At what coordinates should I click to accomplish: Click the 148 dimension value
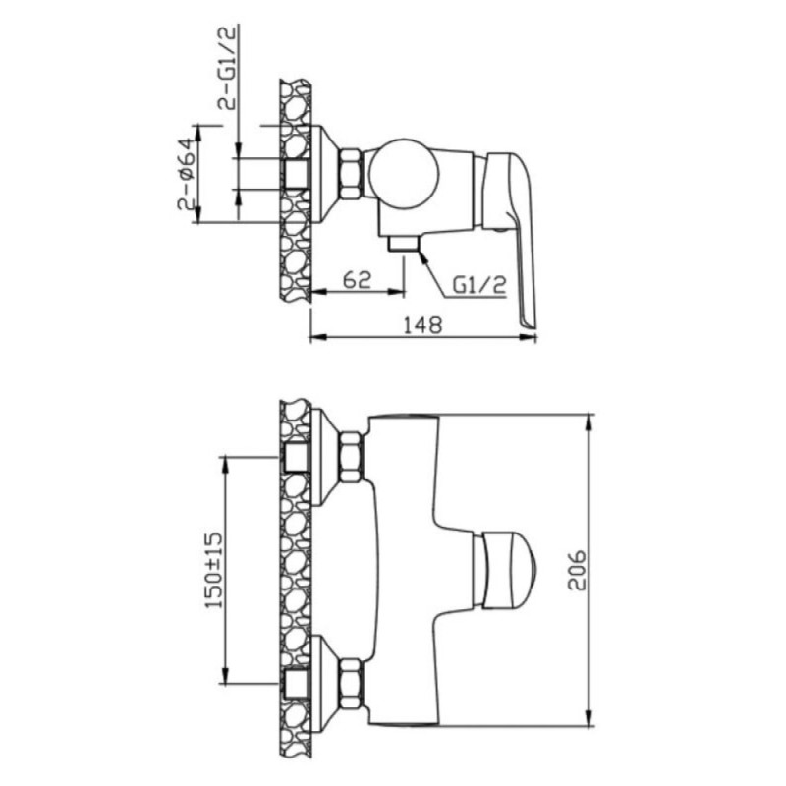click(x=423, y=325)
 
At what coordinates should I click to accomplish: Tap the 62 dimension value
click(x=357, y=279)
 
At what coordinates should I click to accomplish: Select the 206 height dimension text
click(x=578, y=571)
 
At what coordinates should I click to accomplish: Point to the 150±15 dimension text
click(x=213, y=570)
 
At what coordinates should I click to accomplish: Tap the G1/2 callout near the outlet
click(x=479, y=286)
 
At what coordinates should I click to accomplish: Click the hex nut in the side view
click(x=351, y=174)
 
